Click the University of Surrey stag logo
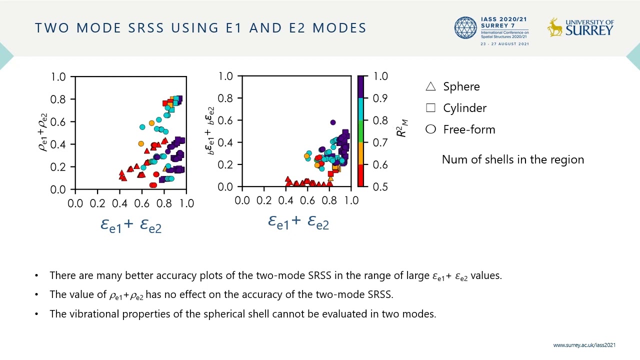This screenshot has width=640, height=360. point(554,27)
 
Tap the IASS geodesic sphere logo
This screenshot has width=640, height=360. point(466,28)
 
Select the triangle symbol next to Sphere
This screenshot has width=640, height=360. point(430,86)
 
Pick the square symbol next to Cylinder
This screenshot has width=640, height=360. point(430,108)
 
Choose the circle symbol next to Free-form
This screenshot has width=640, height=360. point(430,129)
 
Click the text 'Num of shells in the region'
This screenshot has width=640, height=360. point(512,159)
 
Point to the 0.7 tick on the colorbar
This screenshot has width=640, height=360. point(380,142)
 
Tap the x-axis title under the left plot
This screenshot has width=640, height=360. point(131,225)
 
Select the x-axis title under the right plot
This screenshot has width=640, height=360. point(298,221)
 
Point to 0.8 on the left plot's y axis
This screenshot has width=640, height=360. point(58,99)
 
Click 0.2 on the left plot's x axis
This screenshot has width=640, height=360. point(97,203)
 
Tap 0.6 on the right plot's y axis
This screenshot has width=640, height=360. point(225,120)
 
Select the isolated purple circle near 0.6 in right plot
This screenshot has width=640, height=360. point(333,122)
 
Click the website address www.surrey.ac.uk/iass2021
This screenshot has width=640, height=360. point(584,345)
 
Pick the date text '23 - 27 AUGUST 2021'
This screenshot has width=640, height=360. point(504,44)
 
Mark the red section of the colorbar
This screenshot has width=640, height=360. point(361,175)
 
